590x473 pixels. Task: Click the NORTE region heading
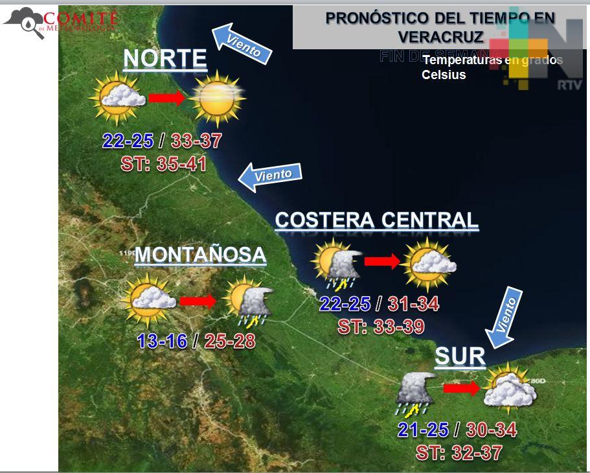[165, 59]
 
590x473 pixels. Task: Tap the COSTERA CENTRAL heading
[376, 220]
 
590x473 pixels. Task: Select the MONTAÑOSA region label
[200, 255]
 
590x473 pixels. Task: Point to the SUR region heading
[460, 356]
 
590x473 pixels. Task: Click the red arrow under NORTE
[167, 98]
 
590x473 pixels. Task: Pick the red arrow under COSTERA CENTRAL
[382, 261]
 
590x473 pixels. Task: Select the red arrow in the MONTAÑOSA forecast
[198, 301]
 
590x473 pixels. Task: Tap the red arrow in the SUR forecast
[461, 388]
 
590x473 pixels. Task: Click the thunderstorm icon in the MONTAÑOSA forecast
[247, 301]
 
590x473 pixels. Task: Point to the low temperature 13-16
[162, 341]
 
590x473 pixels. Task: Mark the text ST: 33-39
[381, 327]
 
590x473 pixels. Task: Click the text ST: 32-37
[459, 452]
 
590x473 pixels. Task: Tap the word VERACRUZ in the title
[440, 36]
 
